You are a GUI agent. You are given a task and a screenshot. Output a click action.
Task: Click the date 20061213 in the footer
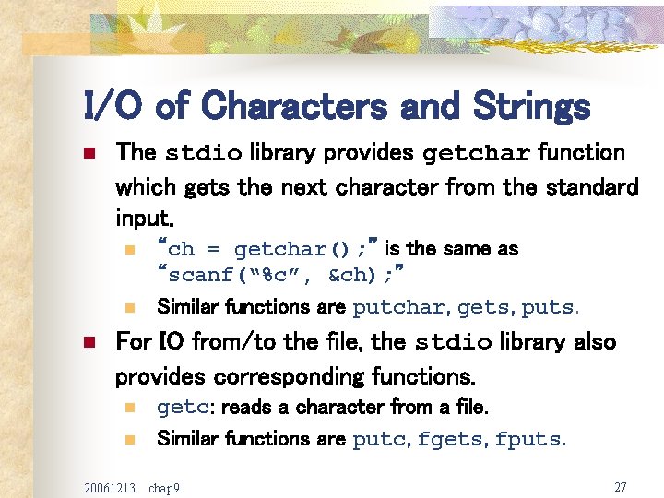110,486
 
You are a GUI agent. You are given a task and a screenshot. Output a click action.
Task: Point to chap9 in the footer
164,487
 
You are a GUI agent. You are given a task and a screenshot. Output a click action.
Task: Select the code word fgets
450,440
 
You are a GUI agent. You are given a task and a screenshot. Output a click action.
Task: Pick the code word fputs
527,440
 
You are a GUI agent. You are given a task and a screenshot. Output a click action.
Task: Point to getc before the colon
176,408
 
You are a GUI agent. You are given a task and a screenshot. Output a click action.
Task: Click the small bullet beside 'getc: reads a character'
129,408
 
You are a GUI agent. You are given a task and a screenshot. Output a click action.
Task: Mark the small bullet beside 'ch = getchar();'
129,249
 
